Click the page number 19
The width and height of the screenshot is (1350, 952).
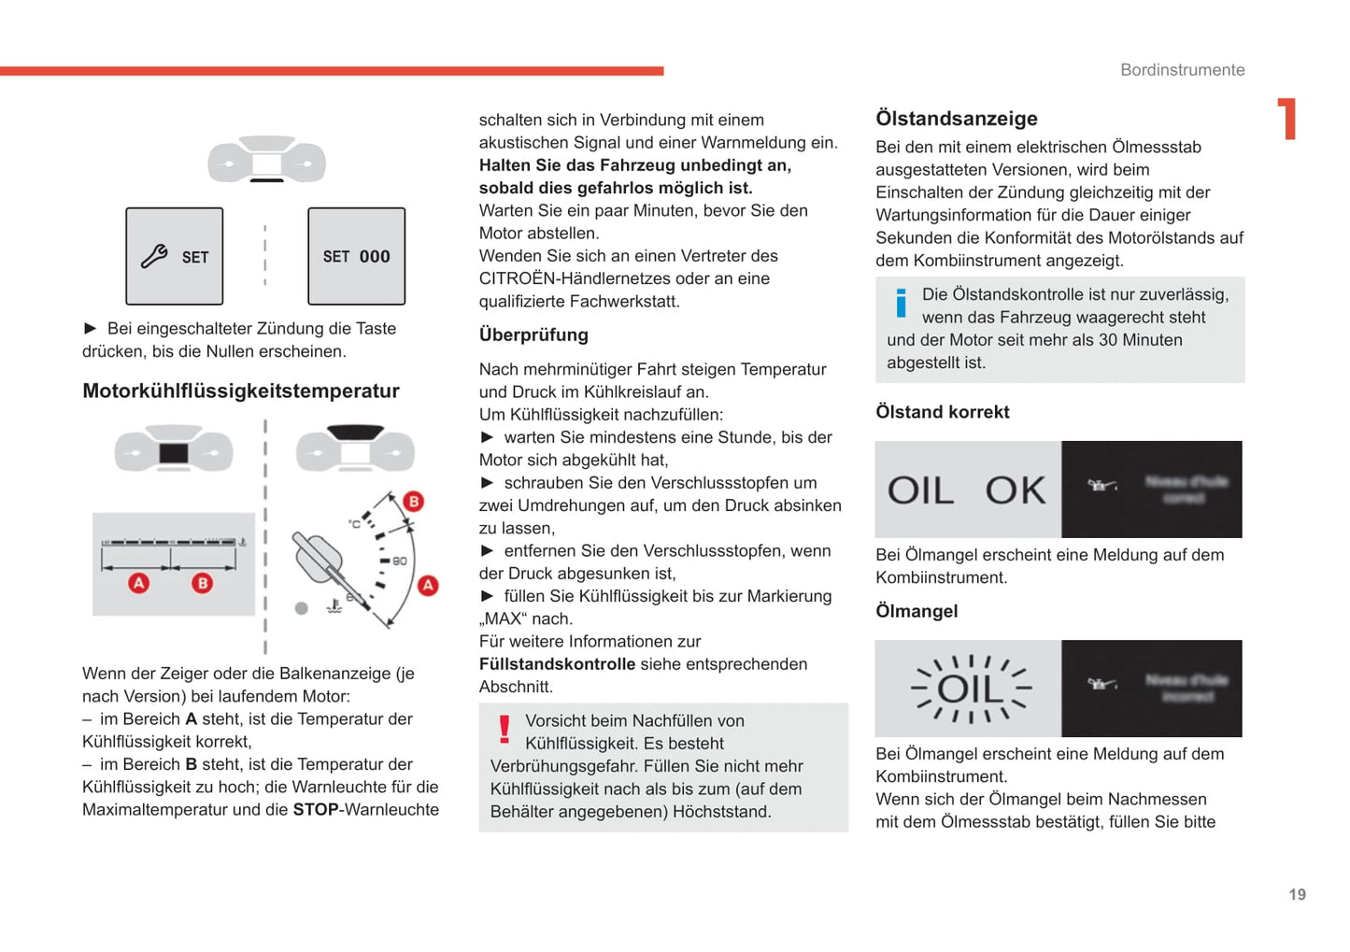(x=1297, y=895)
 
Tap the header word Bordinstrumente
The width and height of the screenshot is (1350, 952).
(x=1182, y=70)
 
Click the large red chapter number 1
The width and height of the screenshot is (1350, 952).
(x=1288, y=119)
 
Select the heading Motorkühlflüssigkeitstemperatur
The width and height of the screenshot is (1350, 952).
(x=241, y=391)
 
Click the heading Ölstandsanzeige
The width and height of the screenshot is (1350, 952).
(x=956, y=119)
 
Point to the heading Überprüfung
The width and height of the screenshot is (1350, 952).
(x=533, y=334)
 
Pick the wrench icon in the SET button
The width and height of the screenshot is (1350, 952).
(x=154, y=256)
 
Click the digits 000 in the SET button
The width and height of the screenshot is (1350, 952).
(x=375, y=256)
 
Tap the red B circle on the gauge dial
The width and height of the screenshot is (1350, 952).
(x=413, y=502)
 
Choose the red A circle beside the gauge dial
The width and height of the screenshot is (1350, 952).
(x=428, y=586)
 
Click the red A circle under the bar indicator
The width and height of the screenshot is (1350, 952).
(x=138, y=583)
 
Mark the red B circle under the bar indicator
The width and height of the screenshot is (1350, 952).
(x=202, y=583)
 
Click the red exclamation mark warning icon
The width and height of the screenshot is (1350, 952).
(x=504, y=730)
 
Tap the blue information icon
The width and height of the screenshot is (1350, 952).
(x=901, y=302)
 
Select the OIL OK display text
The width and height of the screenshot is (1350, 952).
(x=966, y=490)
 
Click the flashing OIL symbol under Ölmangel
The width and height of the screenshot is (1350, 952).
(x=970, y=689)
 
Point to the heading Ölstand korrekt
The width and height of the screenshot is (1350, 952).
(x=942, y=412)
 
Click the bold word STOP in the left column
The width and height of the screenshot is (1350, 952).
(x=316, y=809)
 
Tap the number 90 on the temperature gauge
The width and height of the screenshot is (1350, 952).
(x=400, y=561)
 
